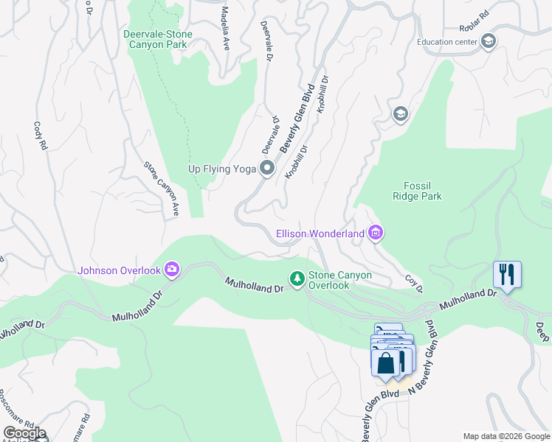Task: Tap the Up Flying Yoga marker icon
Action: [267, 169]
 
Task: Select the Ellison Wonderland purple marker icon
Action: [375, 234]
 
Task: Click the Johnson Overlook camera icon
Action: [172, 270]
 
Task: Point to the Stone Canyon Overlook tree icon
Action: [297, 278]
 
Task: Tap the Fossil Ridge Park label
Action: [422, 191]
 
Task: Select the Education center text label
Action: [446, 42]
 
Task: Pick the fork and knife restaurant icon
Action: [507, 275]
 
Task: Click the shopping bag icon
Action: [386, 362]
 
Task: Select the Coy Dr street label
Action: [414, 283]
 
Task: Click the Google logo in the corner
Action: [24, 433]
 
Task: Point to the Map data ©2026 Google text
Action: [506, 436]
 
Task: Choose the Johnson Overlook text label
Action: [119, 270]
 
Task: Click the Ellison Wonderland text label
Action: [320, 234]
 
